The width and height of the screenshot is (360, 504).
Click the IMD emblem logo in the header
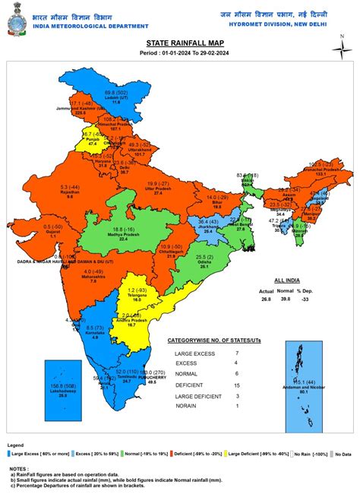coord(15,16)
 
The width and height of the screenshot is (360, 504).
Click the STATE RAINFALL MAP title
coord(180,45)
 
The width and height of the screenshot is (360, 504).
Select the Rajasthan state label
coord(71,191)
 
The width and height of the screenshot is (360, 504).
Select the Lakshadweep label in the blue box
coord(63,390)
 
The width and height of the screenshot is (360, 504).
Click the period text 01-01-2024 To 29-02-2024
coord(180,55)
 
